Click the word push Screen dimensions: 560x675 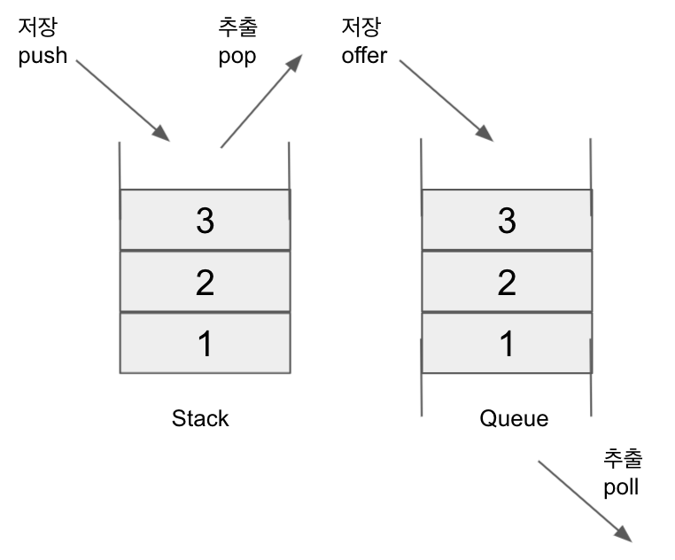pyautogui.click(x=43, y=58)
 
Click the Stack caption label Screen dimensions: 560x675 pyautogui.click(x=200, y=418)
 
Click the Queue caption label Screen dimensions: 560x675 pyautogui.click(x=514, y=418)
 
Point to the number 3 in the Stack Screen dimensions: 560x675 pyautogui.click(x=205, y=221)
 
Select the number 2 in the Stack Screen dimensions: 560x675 pyautogui.click(x=205, y=282)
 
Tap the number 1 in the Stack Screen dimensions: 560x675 pyautogui.click(x=205, y=344)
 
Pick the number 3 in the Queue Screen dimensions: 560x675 pyautogui.click(x=507, y=221)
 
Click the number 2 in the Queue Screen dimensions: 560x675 pyautogui.click(x=507, y=282)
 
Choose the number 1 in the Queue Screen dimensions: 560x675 pyautogui.click(x=507, y=344)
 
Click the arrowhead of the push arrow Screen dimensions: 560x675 pyautogui.click(x=161, y=134)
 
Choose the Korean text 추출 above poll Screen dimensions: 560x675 pyautogui.click(x=622, y=458)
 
